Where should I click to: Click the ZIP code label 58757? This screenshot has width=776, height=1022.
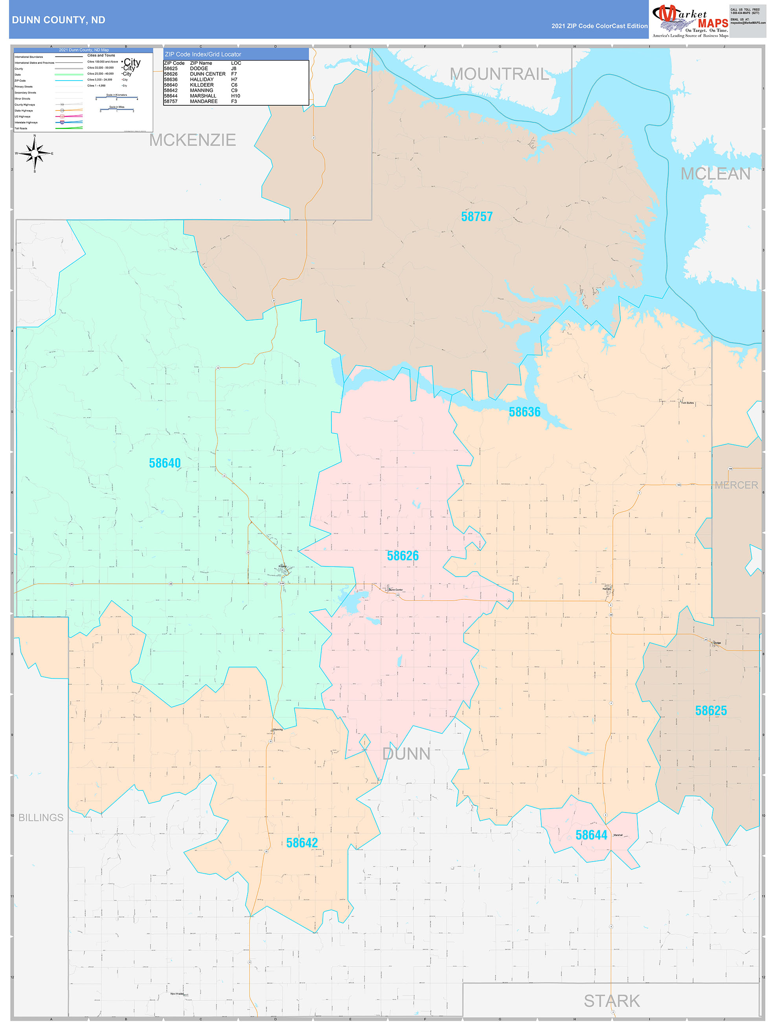tap(476, 217)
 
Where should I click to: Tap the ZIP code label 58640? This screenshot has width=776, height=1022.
tap(165, 463)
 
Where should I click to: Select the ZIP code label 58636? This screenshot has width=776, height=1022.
tap(524, 412)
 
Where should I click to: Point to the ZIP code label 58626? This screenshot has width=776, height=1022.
tap(403, 556)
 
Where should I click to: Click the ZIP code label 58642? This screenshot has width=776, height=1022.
tap(302, 843)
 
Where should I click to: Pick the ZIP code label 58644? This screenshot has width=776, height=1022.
tap(591, 835)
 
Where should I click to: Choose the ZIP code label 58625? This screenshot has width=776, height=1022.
tap(711, 711)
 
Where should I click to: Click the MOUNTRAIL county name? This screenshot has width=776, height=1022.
tap(500, 74)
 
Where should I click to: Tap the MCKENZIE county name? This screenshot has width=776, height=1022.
tap(192, 140)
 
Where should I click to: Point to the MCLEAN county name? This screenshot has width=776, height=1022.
tap(715, 174)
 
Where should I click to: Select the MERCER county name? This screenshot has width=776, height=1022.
tap(736, 485)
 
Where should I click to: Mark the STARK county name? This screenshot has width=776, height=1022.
tap(611, 1001)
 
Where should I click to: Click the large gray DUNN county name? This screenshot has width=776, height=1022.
tap(406, 754)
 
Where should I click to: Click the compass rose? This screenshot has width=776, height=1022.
tap(35, 153)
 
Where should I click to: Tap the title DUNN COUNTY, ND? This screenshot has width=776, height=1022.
tap(59, 20)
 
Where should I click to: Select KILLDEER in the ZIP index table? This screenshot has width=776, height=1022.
tap(202, 85)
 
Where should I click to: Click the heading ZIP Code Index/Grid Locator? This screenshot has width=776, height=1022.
tap(203, 55)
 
